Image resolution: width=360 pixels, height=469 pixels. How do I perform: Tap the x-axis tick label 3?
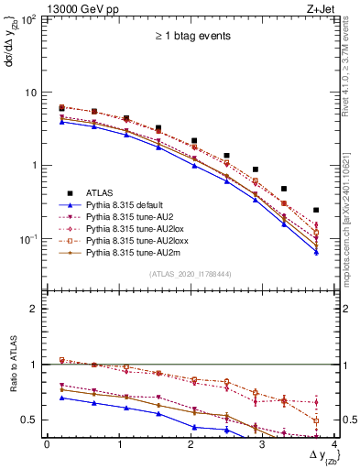click(x=264, y=443)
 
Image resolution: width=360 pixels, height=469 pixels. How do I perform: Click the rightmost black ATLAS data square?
click(x=316, y=210)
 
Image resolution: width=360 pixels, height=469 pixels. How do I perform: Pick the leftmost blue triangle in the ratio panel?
click(x=61, y=398)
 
